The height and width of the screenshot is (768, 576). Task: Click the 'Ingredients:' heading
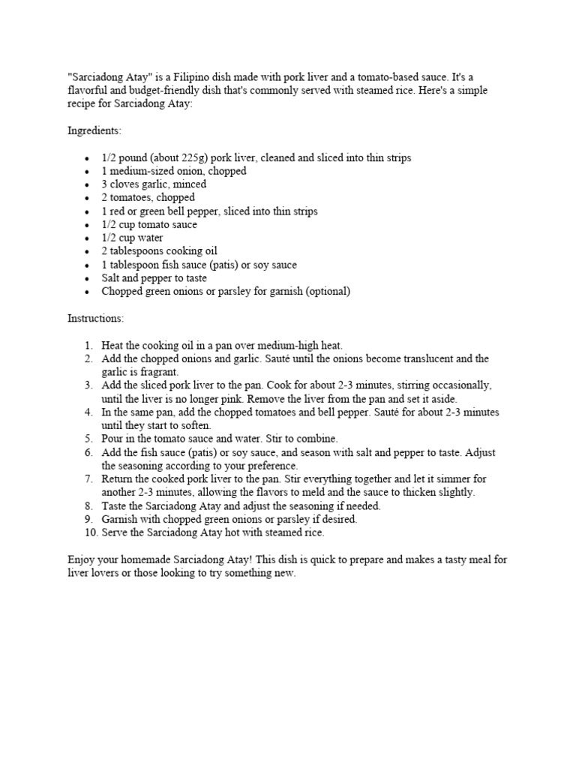tap(94, 130)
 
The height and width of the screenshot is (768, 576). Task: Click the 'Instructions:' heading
tap(96, 319)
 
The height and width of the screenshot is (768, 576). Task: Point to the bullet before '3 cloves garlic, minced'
tap(87, 184)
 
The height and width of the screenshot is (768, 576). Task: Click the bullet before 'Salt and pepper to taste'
tap(87, 279)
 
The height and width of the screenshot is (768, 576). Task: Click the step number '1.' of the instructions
tap(88, 345)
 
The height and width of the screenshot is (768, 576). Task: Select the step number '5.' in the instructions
tap(88, 439)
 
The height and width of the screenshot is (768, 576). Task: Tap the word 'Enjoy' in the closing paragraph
tap(81, 560)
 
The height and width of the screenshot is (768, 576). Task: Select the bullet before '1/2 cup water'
tap(87, 238)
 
